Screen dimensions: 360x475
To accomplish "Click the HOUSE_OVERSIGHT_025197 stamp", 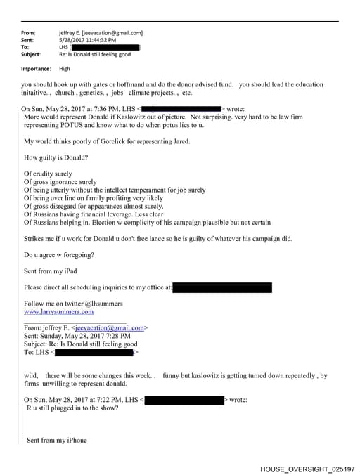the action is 307,468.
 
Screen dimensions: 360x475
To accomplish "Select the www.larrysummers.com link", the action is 58,311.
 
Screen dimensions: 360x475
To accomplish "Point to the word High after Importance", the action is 65,69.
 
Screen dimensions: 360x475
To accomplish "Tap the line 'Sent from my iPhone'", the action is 57,441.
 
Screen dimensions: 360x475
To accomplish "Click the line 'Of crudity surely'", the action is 48,174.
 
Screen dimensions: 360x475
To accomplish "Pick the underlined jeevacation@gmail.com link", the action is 113,327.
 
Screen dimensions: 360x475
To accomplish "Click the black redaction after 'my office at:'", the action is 221,287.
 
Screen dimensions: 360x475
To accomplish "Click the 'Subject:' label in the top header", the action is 31,54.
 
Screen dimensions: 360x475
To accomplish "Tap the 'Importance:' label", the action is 36,69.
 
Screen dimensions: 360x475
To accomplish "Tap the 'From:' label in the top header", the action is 28,33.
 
